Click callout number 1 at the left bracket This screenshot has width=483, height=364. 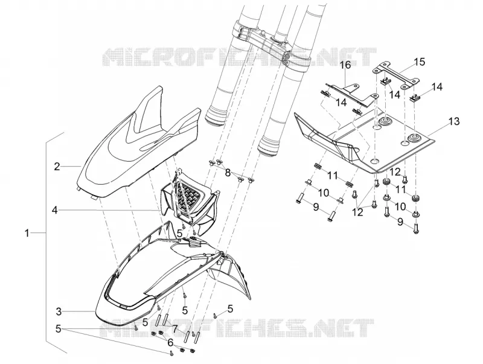[27, 233]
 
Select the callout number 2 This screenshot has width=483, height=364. [57, 167]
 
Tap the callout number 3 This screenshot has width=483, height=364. [59, 311]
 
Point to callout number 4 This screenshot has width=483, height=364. [55, 210]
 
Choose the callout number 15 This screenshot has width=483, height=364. [419, 62]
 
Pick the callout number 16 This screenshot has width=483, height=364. [345, 65]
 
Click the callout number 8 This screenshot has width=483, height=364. [228, 173]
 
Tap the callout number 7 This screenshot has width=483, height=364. [174, 329]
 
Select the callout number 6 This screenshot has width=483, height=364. [170, 343]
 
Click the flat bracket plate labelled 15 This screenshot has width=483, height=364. [397, 75]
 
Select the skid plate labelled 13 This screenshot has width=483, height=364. [363, 142]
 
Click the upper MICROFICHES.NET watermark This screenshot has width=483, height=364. [239, 57]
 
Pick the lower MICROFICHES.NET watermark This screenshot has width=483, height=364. [237, 327]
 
